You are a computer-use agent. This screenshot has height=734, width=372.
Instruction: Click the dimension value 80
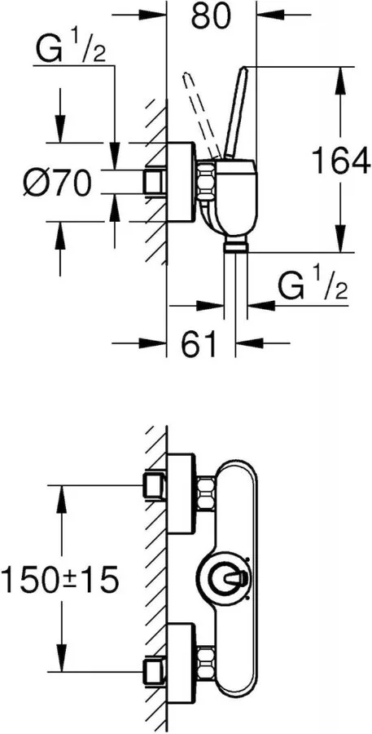coord(212,16)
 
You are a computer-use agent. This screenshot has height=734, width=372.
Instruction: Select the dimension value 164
coord(341,161)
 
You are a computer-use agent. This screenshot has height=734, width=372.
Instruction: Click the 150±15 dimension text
coord(59,580)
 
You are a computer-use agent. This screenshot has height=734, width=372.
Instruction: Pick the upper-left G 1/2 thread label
coord(70,49)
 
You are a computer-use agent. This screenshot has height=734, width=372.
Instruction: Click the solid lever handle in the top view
coord(236,112)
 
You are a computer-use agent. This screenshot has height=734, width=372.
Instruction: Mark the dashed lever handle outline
coord(203,115)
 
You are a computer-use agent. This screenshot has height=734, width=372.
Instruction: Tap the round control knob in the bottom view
coord(225,579)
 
